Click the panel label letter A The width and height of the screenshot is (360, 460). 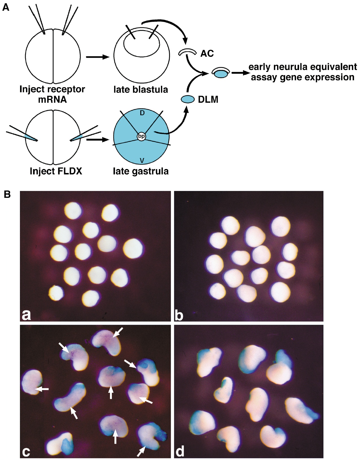coord(6,7)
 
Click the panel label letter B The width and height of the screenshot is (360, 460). coord(7,194)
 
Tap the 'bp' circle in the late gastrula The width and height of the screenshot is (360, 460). coord(141,137)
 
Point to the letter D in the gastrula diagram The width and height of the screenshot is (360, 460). coord(142,113)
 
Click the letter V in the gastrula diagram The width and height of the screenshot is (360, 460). coord(142,160)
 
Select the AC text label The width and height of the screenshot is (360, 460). coord(207,53)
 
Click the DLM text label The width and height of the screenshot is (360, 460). coord(208,100)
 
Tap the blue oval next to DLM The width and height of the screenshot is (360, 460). coord(188,99)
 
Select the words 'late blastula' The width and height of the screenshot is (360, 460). coord(141,90)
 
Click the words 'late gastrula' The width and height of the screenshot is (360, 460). coord(141,171)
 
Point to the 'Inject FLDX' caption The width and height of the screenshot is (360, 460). coord(56,171)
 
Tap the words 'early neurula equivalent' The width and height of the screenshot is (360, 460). coord(303,67)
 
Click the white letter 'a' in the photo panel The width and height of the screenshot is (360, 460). coord(26,314)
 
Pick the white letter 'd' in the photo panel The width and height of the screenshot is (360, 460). coord(180,451)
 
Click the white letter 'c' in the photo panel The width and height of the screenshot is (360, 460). coord(26,452)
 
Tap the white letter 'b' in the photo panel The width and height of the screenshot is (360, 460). coord(179,314)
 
